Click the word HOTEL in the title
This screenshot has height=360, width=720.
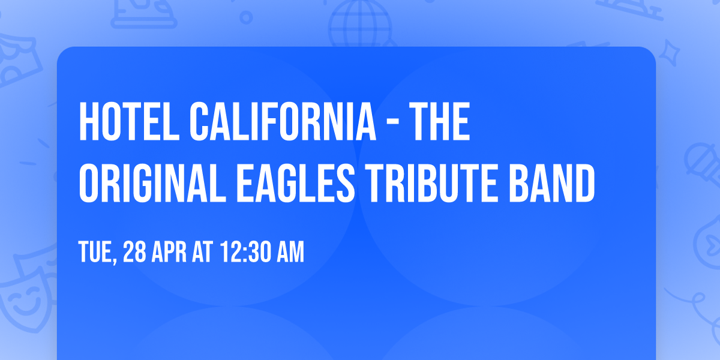[x=127, y=122]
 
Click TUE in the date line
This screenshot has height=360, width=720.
[x=96, y=253]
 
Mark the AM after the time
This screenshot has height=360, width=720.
[x=290, y=253]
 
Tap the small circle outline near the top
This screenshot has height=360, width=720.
[x=245, y=18]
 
